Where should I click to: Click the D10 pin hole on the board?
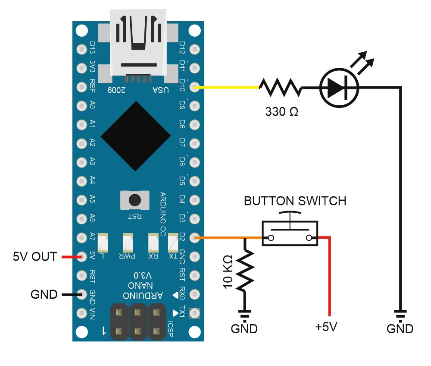click(x=195, y=87)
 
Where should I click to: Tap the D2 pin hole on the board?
click(x=195, y=237)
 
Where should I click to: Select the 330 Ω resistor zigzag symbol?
click(x=281, y=87)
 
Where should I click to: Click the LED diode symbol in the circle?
click(x=339, y=88)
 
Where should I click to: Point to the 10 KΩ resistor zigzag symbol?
click(x=245, y=270)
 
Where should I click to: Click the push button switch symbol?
click(x=290, y=229)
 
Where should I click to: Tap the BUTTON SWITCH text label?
click(x=295, y=201)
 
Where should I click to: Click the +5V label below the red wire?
click(x=326, y=327)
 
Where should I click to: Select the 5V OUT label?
click(x=35, y=256)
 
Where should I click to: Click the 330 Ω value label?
click(x=282, y=112)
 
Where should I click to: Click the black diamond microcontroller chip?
click(x=136, y=136)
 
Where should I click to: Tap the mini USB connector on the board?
click(x=138, y=45)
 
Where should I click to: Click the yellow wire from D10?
click(x=227, y=88)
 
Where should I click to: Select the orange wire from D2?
click(x=228, y=238)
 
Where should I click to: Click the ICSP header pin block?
click(x=138, y=322)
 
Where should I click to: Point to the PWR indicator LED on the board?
click(x=128, y=243)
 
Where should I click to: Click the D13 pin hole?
click(x=81, y=49)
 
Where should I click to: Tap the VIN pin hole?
click(x=81, y=313)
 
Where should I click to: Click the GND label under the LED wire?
click(x=400, y=328)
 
